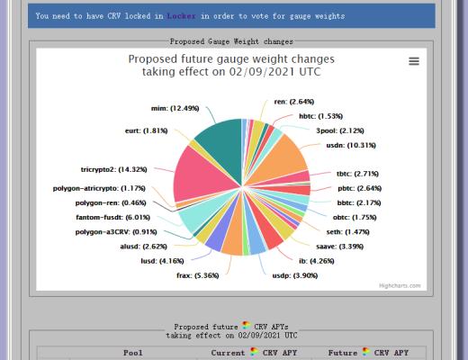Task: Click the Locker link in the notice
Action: (x=180, y=15)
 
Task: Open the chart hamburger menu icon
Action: (x=414, y=61)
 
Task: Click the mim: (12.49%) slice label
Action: (x=172, y=109)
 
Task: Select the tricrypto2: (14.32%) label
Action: (x=113, y=168)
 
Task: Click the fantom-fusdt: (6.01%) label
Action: (x=113, y=217)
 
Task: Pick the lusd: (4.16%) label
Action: (x=161, y=260)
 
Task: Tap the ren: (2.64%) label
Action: (x=293, y=102)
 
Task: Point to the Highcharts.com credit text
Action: (x=399, y=285)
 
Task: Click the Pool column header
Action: (x=132, y=353)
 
